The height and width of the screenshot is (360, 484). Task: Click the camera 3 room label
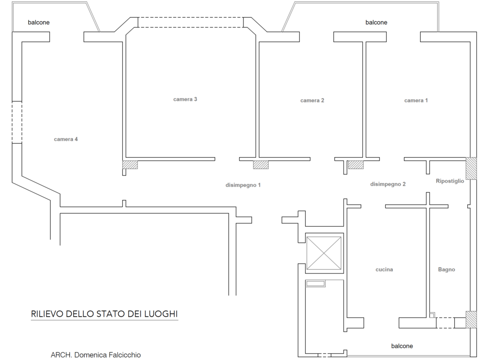click(185, 99)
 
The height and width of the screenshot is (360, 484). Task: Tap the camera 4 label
click(66, 139)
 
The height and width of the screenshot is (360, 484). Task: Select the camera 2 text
click(312, 100)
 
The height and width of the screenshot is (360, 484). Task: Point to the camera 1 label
click(416, 100)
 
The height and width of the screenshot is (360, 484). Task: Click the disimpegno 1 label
click(243, 185)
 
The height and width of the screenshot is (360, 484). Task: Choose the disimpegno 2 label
click(388, 184)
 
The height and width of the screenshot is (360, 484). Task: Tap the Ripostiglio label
click(450, 181)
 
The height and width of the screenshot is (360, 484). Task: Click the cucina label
click(384, 270)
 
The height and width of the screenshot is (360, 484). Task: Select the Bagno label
click(446, 270)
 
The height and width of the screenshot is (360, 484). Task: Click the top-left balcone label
click(39, 22)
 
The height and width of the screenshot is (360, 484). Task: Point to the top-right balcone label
click(376, 22)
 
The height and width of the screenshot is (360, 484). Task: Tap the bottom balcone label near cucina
click(402, 346)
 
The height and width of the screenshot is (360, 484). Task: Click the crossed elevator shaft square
click(324, 253)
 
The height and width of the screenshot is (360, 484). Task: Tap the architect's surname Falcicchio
click(123, 355)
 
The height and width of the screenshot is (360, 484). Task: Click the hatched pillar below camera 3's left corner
click(130, 165)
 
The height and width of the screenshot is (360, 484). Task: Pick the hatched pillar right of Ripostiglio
click(471, 168)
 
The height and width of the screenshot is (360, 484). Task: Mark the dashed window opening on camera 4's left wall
click(17, 122)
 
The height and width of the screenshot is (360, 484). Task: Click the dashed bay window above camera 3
click(190, 22)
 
